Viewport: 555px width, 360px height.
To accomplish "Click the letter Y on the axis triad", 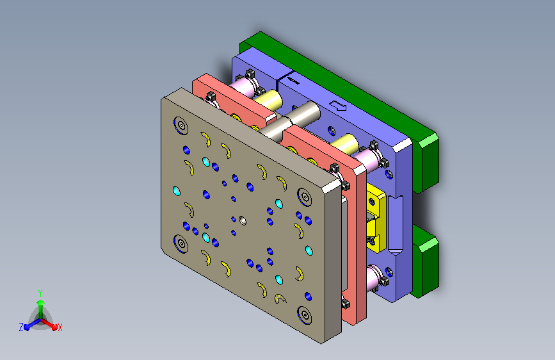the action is point(40,293).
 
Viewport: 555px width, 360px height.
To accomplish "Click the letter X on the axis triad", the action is point(60,328).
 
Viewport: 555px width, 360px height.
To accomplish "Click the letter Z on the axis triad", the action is point(21,327).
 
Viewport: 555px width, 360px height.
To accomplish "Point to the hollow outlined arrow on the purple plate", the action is point(337,106).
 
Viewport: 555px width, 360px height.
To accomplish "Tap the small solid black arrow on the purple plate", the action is point(293,81).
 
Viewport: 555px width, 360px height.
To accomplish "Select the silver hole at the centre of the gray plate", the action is point(243,221).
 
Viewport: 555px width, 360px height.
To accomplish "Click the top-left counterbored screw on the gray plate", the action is point(181,126).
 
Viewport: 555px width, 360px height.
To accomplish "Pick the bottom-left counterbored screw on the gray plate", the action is point(181,243).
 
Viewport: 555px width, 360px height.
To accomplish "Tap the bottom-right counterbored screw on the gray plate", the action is point(305,315).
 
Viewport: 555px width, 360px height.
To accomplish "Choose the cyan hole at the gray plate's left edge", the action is point(176,191).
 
